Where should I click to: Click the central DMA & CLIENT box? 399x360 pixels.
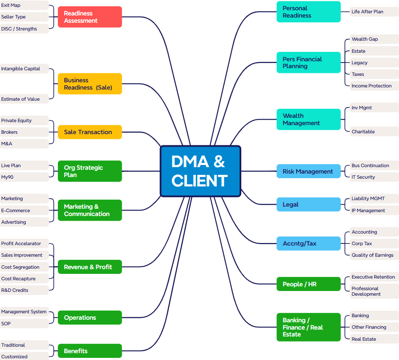(200, 171)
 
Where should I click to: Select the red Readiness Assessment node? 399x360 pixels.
(90, 17)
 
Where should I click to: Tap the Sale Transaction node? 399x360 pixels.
(90, 132)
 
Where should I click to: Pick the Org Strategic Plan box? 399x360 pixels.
(90, 171)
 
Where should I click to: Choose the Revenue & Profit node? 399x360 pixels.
(90, 267)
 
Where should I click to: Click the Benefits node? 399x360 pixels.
(90, 351)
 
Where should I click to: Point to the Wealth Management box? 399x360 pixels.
(308, 120)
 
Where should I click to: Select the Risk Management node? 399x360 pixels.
(308, 171)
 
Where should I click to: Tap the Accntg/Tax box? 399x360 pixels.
(308, 243)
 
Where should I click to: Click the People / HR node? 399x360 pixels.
(308, 284)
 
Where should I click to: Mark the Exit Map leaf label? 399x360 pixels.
(24, 5)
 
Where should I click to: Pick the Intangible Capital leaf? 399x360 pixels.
(24, 69)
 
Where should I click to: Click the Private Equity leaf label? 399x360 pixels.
(24, 120)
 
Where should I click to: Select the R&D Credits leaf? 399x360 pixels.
(24, 290)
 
